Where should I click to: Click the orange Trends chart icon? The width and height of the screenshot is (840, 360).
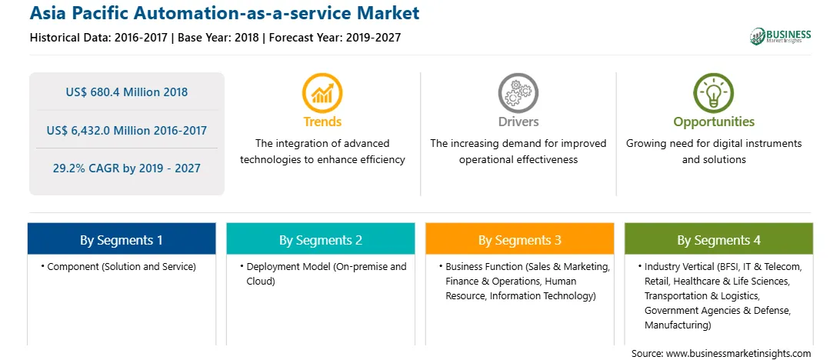tap(322, 93)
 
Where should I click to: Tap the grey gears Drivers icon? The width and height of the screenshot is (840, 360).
tap(518, 93)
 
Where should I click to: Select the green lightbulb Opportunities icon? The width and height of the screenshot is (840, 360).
tap(714, 93)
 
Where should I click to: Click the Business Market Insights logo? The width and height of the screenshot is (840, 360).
tap(781, 36)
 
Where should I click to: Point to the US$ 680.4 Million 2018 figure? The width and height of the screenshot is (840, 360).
tap(127, 92)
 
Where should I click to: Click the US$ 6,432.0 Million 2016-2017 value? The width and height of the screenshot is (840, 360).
tap(127, 130)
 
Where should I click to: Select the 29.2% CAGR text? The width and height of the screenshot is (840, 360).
tap(126, 168)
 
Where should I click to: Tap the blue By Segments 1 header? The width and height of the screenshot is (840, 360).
tap(122, 239)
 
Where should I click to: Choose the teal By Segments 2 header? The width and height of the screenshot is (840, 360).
tap(320, 239)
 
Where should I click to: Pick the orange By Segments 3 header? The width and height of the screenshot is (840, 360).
tap(520, 239)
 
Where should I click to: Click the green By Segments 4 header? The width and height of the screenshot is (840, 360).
tap(719, 239)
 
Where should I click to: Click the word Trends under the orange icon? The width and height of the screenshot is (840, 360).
tap(322, 122)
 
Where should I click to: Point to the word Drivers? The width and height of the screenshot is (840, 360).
tap(518, 122)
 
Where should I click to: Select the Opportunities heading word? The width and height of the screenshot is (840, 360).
tap(714, 122)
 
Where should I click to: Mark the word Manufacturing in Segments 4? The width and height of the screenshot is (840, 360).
tap(678, 325)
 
